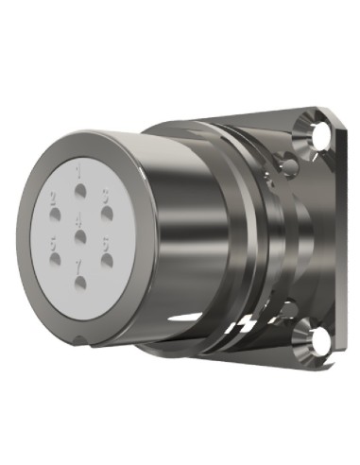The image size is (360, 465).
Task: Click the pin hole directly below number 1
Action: (80, 186)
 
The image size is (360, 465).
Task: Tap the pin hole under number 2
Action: (55, 211)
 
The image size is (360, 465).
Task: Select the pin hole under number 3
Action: (106, 210)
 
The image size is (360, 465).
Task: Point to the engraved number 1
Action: (79, 170)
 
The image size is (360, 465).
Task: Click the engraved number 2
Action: (54, 197)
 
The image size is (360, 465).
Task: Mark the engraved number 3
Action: (106, 196)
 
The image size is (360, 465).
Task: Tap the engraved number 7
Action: (78, 268)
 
